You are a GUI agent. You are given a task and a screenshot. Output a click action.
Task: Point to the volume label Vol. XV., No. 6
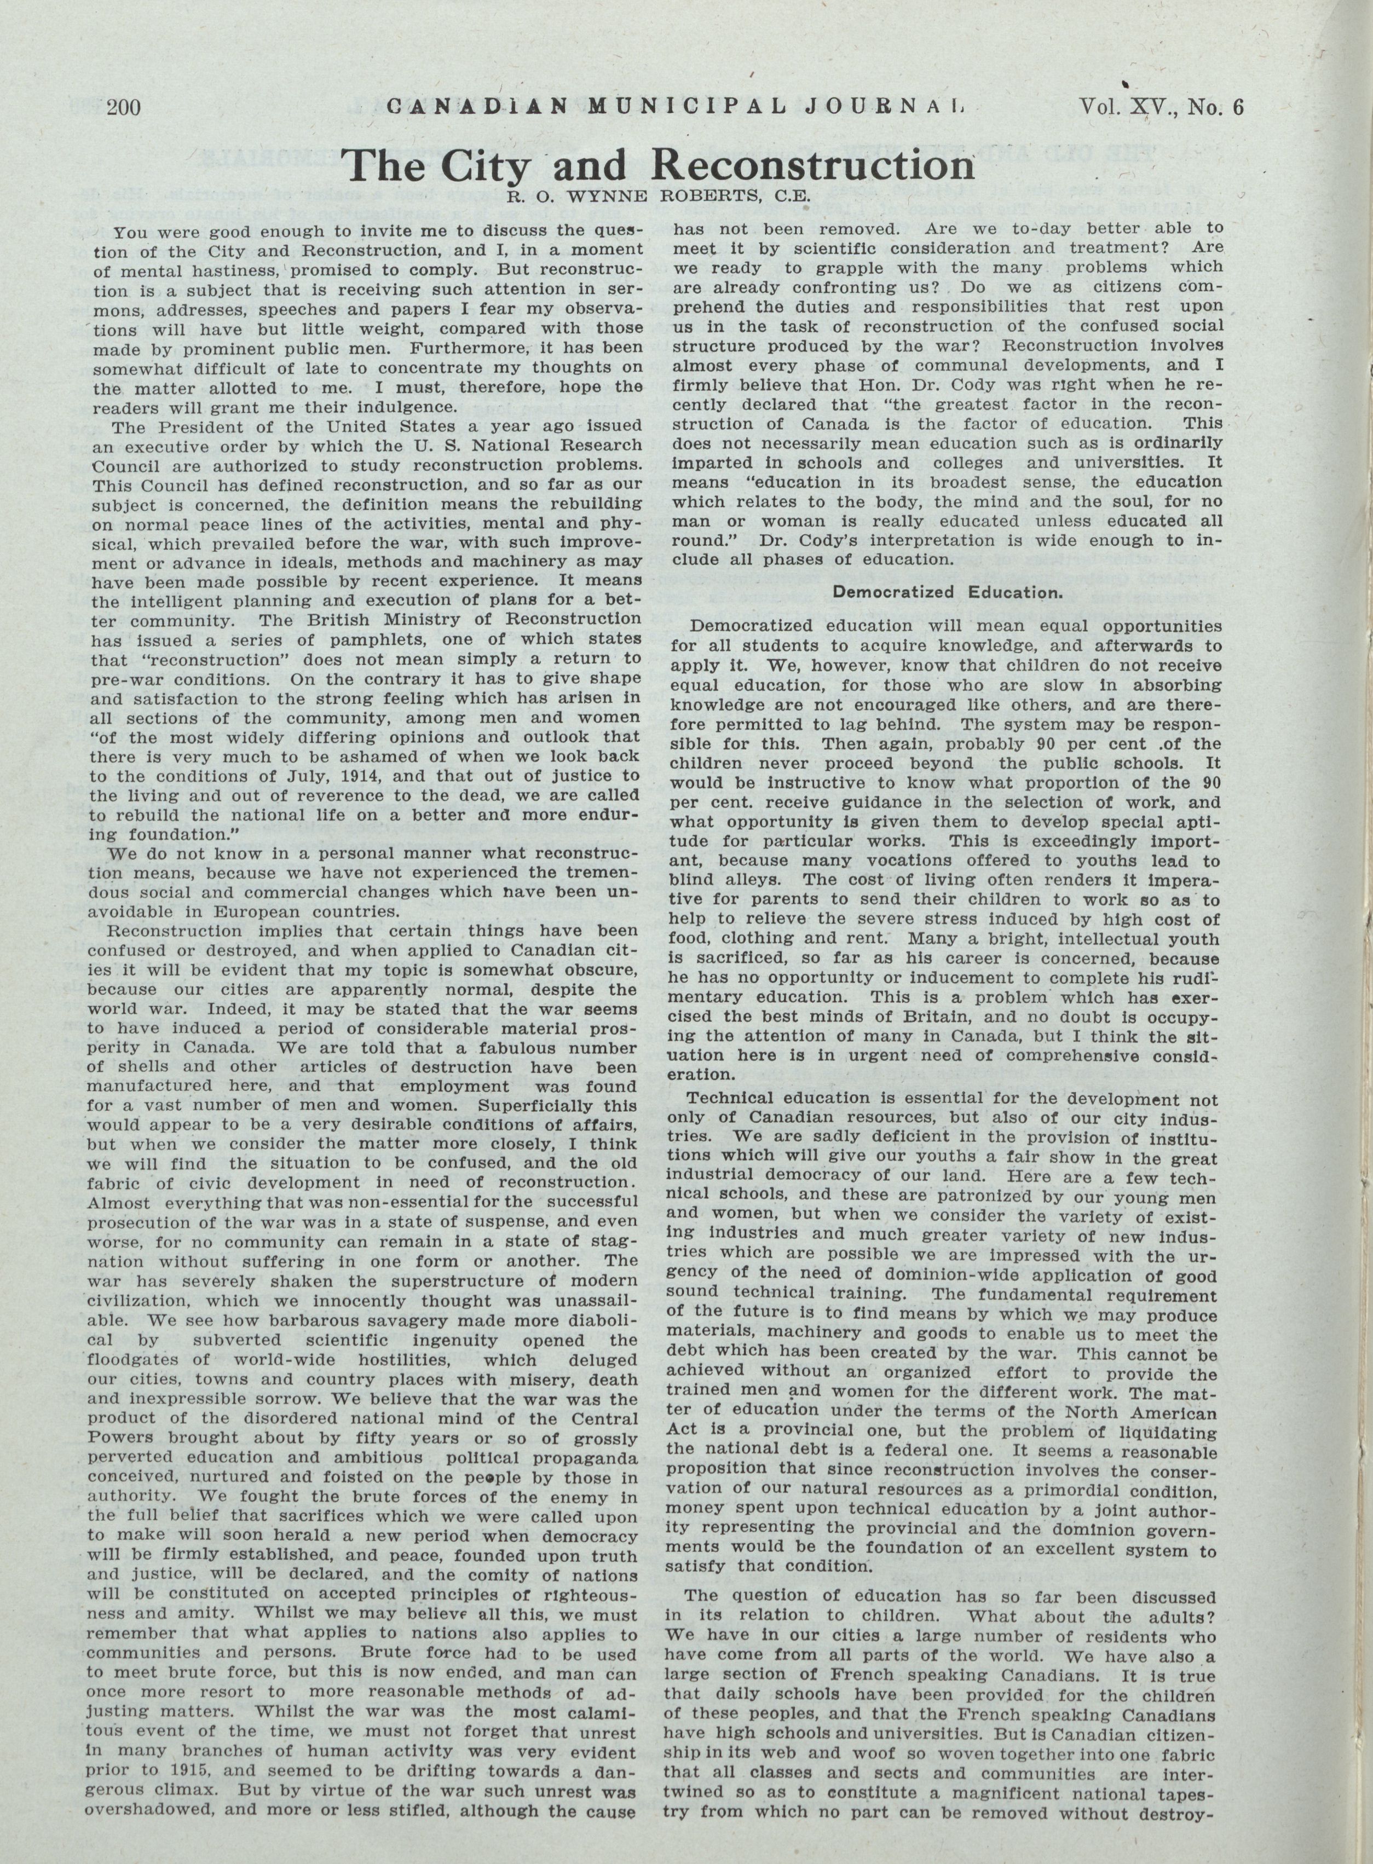[1162, 107]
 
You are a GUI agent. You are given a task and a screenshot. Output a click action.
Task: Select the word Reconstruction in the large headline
[815, 166]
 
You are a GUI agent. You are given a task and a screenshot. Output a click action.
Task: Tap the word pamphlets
[335, 639]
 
